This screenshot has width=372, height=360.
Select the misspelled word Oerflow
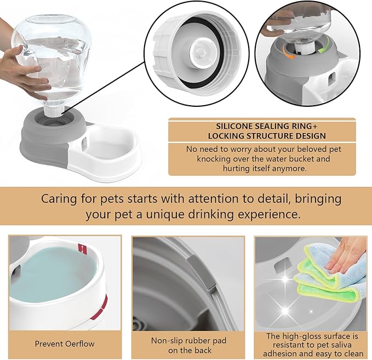coord(76,344)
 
